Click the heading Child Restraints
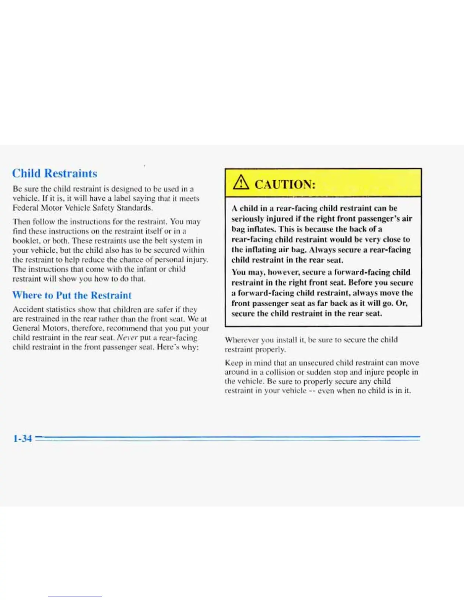[55, 173]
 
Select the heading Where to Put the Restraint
[72, 295]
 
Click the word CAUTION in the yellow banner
[285, 184]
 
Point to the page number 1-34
[22, 439]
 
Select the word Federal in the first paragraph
[25, 208]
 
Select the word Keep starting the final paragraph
[234, 362]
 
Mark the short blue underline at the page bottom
[75, 597]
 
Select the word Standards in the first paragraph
[135, 208]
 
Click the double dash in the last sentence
[312, 391]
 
